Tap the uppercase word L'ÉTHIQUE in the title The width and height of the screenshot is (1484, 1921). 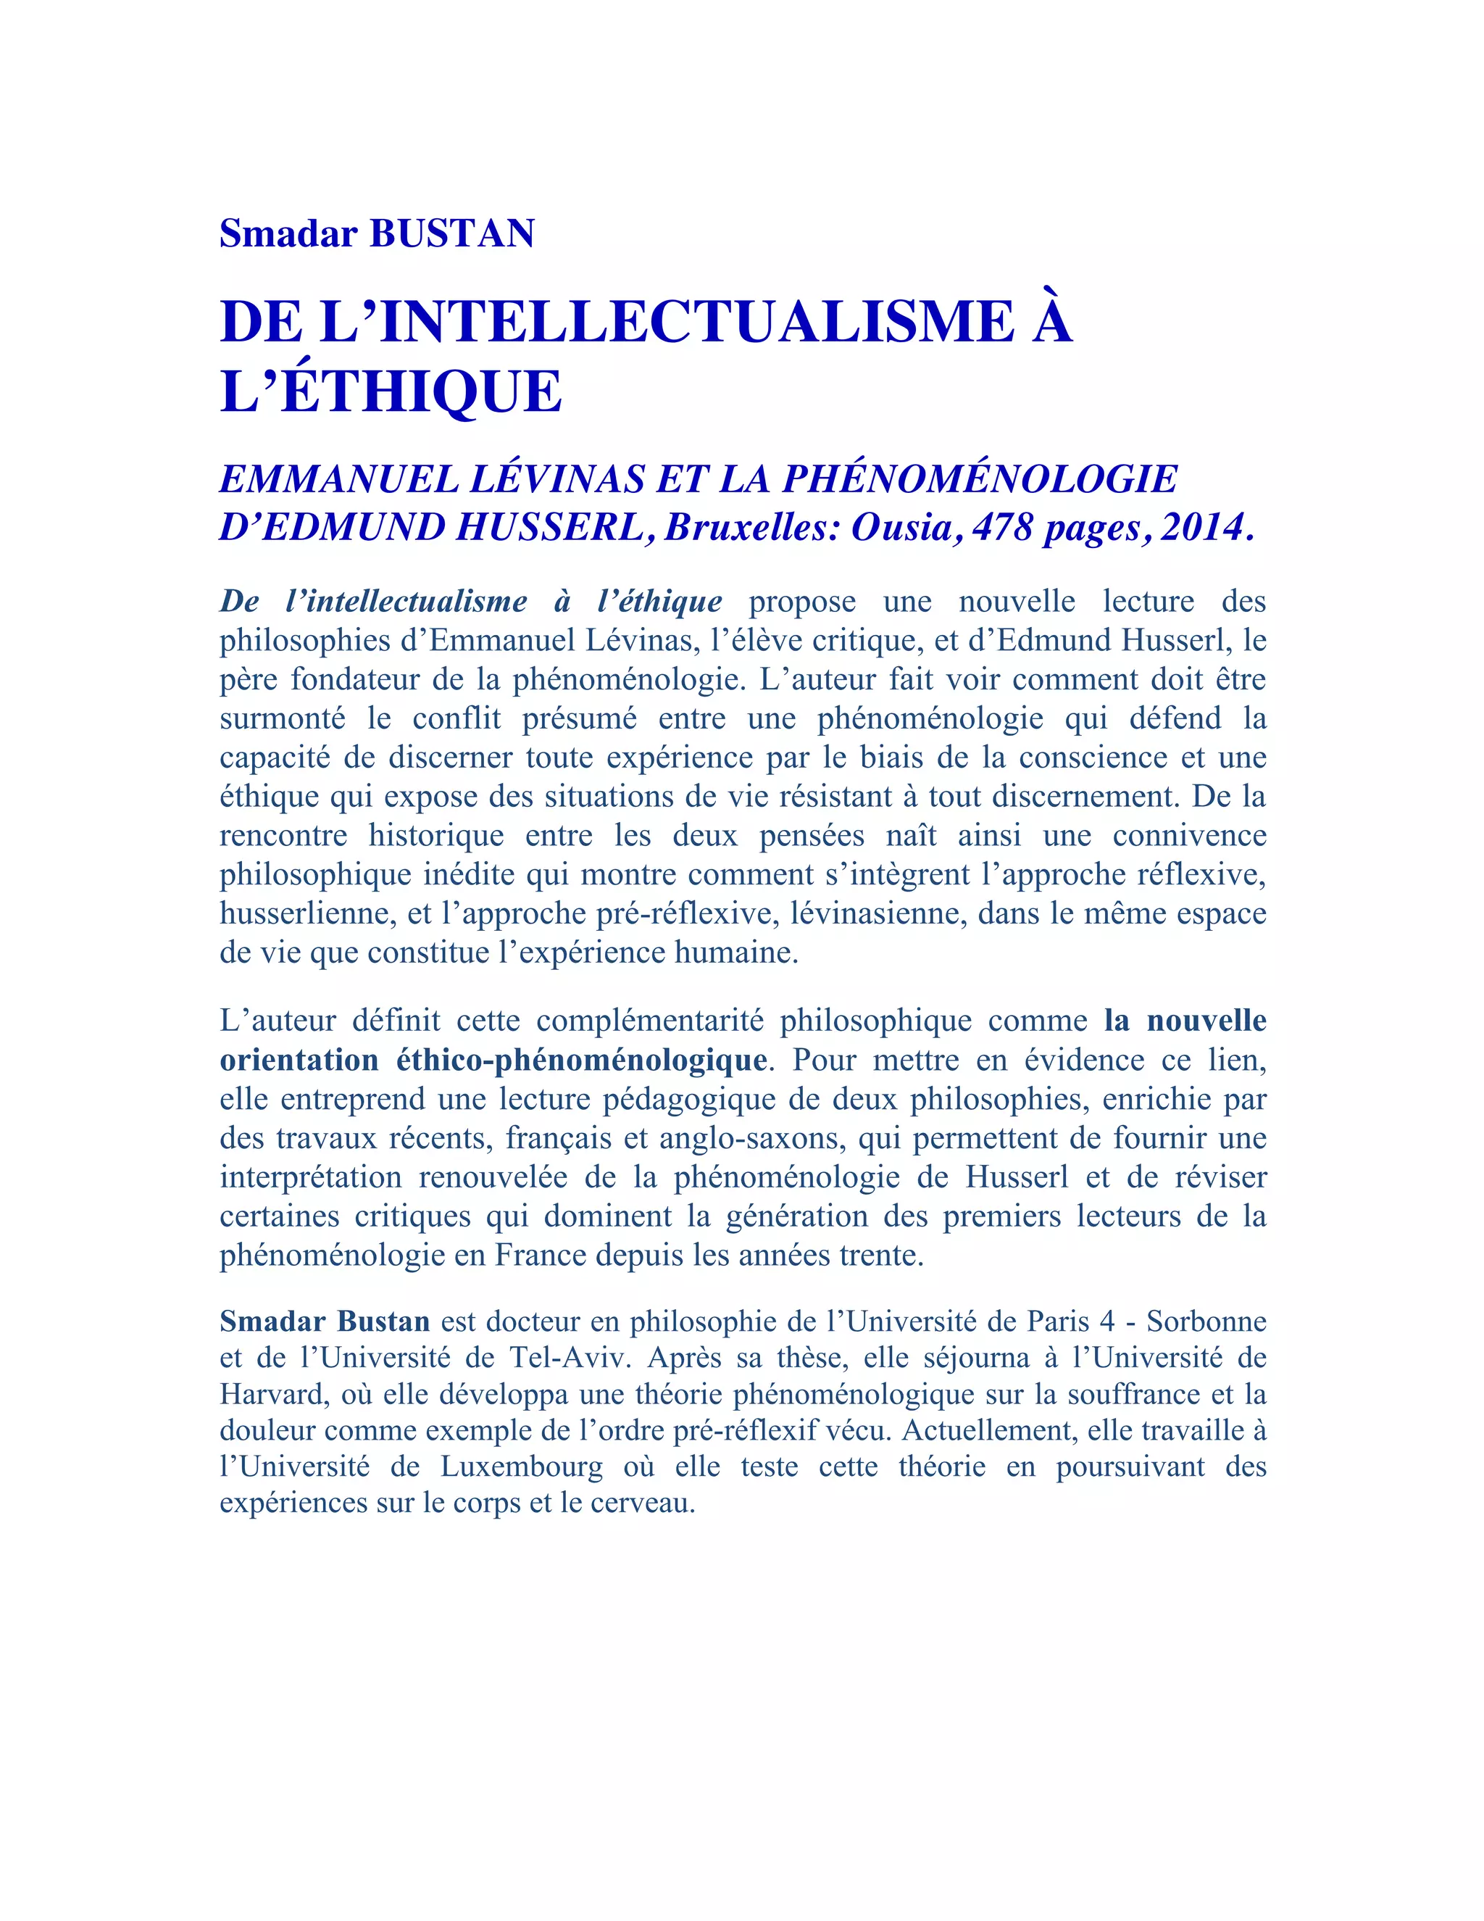(391, 391)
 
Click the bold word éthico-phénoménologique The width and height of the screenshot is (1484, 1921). (581, 1060)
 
